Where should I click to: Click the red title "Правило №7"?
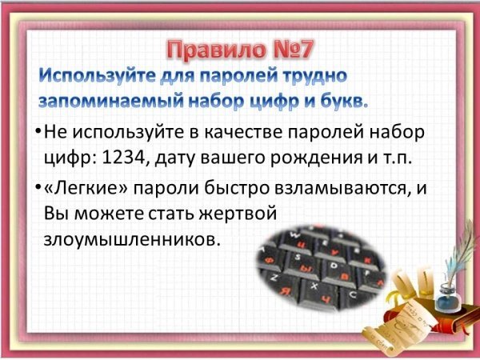pos(240,50)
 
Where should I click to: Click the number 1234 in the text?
pos(123,158)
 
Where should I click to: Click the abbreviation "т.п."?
pos(394,159)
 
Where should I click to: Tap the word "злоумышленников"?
pos(132,239)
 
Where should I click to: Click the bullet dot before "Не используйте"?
pos(38,132)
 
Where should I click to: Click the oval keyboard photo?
pos(321,269)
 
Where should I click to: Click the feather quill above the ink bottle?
pos(459,251)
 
